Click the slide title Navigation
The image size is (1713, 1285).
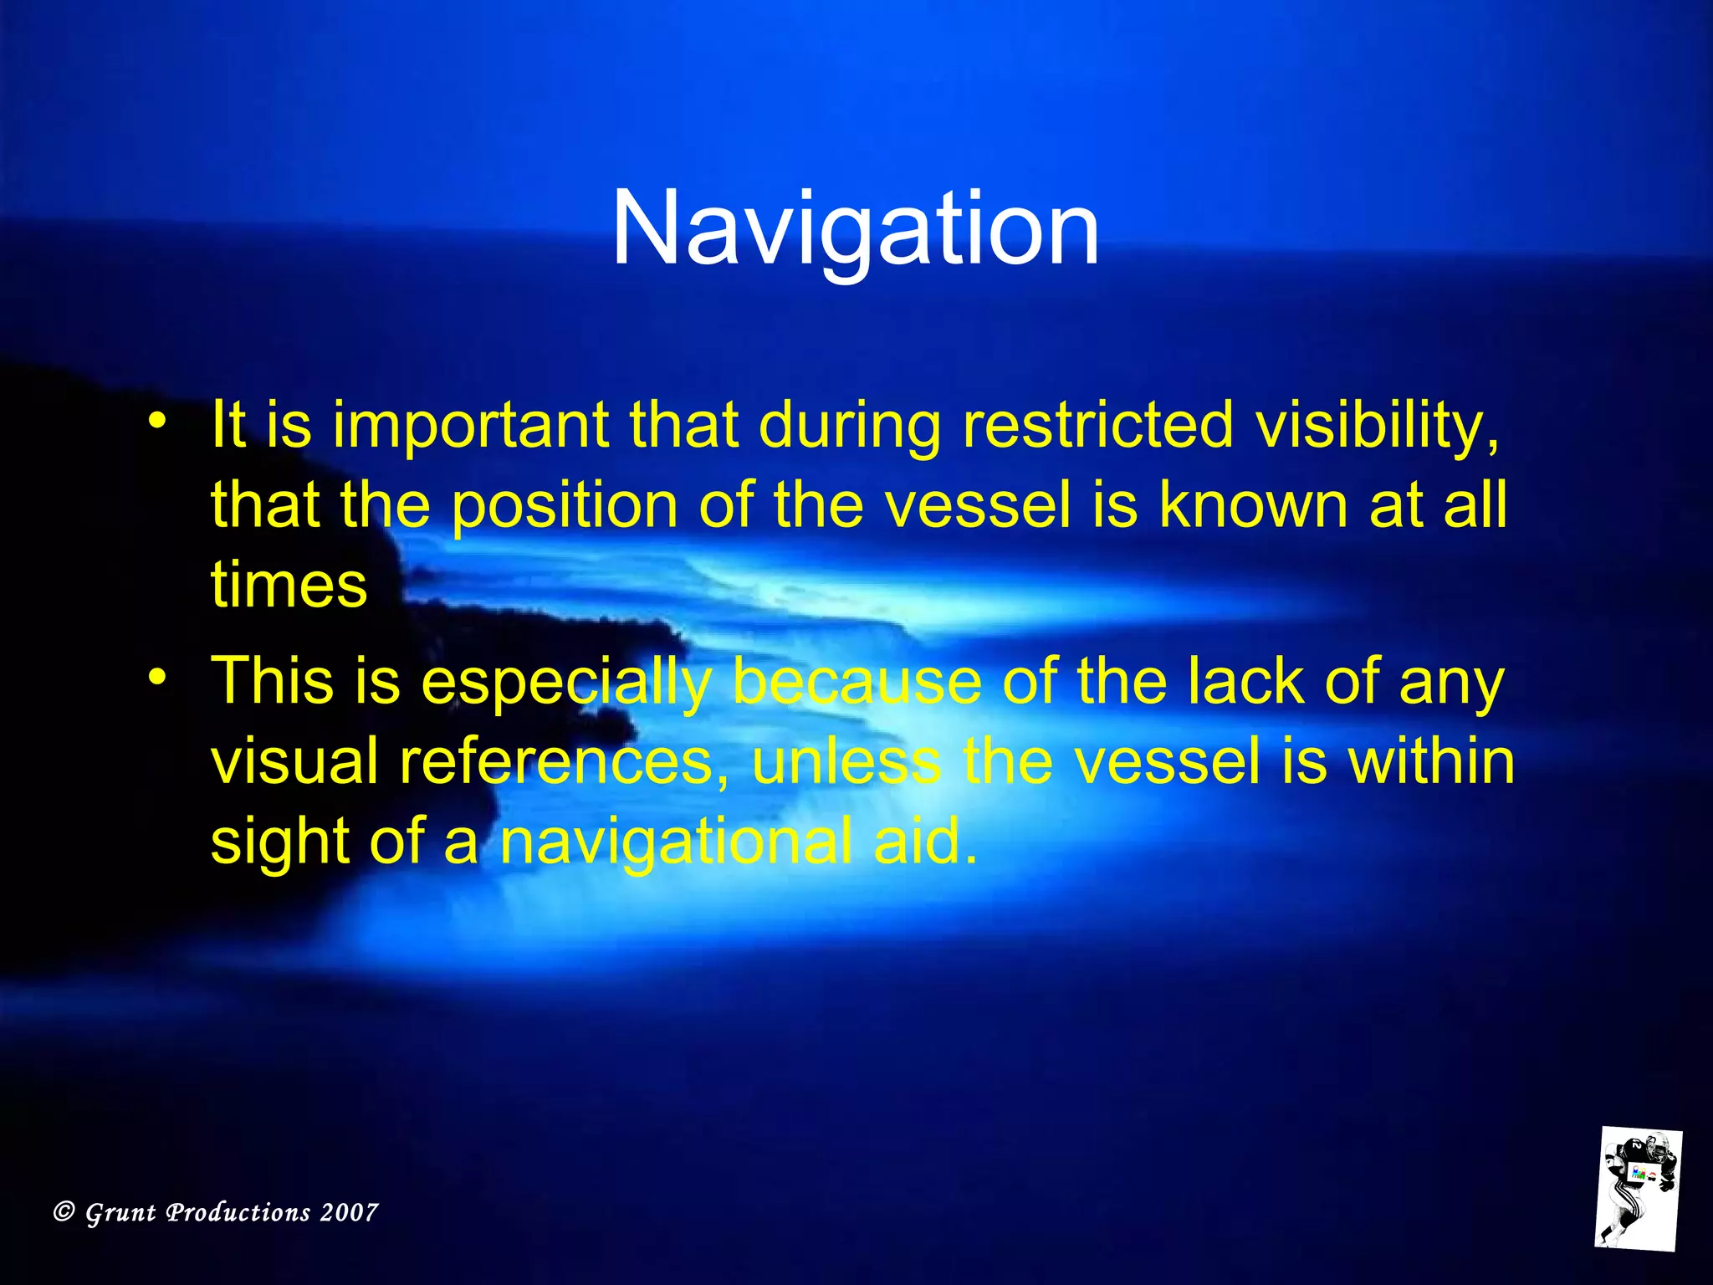point(855,228)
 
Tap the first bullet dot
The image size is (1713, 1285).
point(156,421)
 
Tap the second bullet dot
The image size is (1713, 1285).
point(156,677)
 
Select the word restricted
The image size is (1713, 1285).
point(1097,425)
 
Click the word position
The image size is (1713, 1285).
point(565,506)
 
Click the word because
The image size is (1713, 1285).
point(856,681)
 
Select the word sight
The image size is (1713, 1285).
point(279,843)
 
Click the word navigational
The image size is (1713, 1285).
point(676,843)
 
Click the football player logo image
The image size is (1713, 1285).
point(1637,1189)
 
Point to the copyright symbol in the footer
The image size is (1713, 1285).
point(64,1211)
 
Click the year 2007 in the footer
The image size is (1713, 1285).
point(349,1212)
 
